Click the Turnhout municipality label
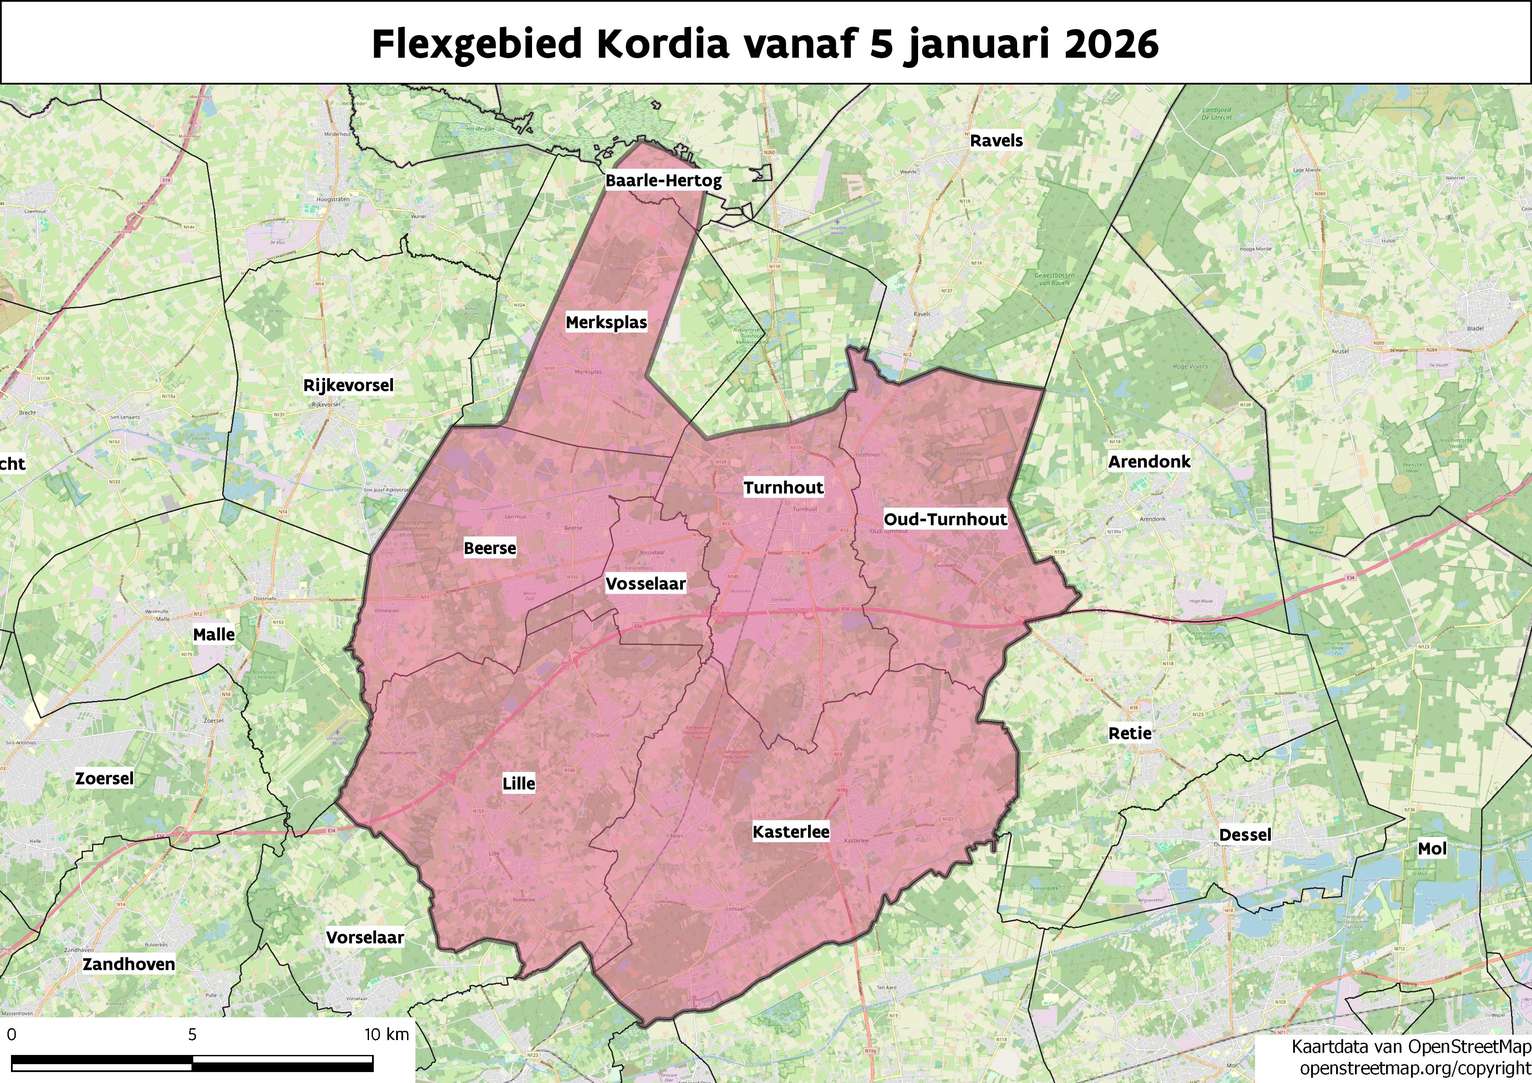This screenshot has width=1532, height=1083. (784, 488)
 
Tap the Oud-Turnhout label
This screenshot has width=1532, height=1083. (945, 519)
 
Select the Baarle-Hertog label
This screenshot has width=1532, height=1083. (663, 181)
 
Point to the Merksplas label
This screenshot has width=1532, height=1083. (606, 323)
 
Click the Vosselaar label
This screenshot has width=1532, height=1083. (645, 584)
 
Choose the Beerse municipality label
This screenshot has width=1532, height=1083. (490, 549)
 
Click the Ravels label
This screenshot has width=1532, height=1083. (996, 141)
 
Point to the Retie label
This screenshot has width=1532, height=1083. (1130, 733)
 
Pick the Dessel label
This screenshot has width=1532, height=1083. (1245, 835)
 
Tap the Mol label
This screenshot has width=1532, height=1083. (1432, 849)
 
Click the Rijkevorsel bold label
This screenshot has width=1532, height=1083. (348, 386)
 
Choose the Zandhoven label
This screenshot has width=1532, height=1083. (129, 964)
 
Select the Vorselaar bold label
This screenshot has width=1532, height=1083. (365, 938)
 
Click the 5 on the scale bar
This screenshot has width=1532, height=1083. (192, 1034)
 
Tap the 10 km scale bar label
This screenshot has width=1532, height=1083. (387, 1034)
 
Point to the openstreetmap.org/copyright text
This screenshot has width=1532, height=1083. (1415, 1068)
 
